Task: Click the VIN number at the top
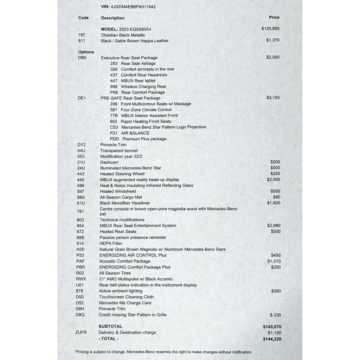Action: click(133, 7)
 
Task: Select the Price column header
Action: click(274, 17)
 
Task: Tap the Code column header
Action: click(83, 18)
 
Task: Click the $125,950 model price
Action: click(270, 28)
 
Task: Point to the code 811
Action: click(82, 40)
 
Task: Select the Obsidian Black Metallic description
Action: click(123, 35)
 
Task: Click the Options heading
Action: click(86, 52)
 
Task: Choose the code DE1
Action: click(82, 98)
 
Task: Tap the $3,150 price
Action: click(273, 97)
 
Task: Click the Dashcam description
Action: click(109, 162)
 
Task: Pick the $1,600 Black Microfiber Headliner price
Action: click(274, 203)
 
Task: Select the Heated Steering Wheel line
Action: click(122, 174)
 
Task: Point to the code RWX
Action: click(81, 279)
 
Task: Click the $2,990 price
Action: click(274, 225)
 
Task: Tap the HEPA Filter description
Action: click(111, 243)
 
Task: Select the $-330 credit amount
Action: click(275, 315)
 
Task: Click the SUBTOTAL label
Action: click(110, 326)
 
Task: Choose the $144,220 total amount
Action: click(272, 339)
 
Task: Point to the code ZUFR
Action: click(81, 332)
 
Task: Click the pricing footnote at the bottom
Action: click(163, 352)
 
